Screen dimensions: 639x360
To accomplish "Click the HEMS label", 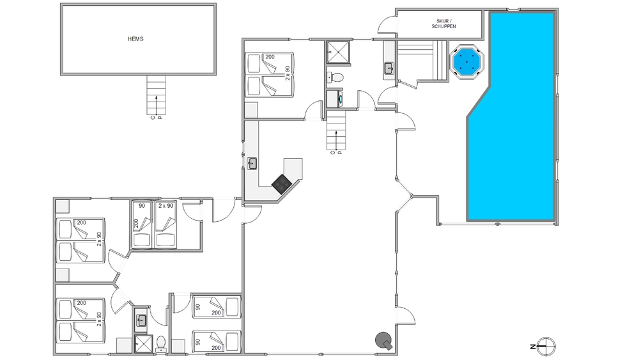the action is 135,39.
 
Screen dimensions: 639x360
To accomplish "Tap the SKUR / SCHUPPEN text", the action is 443,24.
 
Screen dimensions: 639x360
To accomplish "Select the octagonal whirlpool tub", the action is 466,61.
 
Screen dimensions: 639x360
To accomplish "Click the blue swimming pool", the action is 511,116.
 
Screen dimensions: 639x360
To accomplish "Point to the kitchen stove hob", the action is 281,184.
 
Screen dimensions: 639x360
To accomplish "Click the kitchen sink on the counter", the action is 252,164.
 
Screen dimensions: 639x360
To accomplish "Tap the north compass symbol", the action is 544,347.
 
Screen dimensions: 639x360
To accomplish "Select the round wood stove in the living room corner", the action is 384,341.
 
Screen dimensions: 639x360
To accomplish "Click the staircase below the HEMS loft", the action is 157,95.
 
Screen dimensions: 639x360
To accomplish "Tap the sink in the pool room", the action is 389,68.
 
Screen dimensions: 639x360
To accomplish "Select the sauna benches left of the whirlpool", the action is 422,60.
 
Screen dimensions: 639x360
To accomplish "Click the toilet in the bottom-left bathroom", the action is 161,344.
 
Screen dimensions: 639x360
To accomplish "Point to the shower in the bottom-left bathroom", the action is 143,344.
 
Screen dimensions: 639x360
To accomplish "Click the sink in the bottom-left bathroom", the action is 141,320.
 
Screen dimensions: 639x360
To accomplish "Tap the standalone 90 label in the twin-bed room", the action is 142,206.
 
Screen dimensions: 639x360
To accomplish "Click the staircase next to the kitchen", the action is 336,130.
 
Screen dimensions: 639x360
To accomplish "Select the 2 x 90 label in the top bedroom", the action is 288,73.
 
